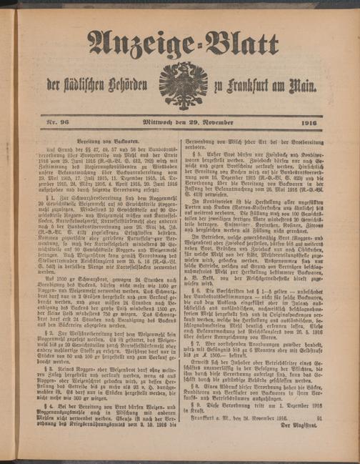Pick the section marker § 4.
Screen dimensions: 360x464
[51, 405]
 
